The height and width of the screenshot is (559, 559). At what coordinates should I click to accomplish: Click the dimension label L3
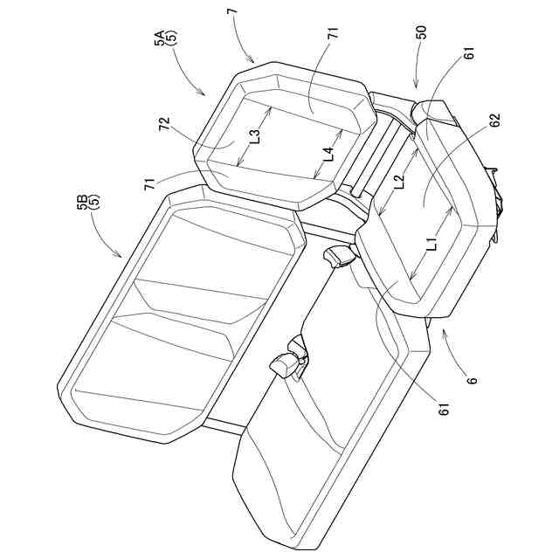pos(252,136)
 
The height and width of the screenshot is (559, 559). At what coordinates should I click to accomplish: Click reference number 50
pos(422,33)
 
